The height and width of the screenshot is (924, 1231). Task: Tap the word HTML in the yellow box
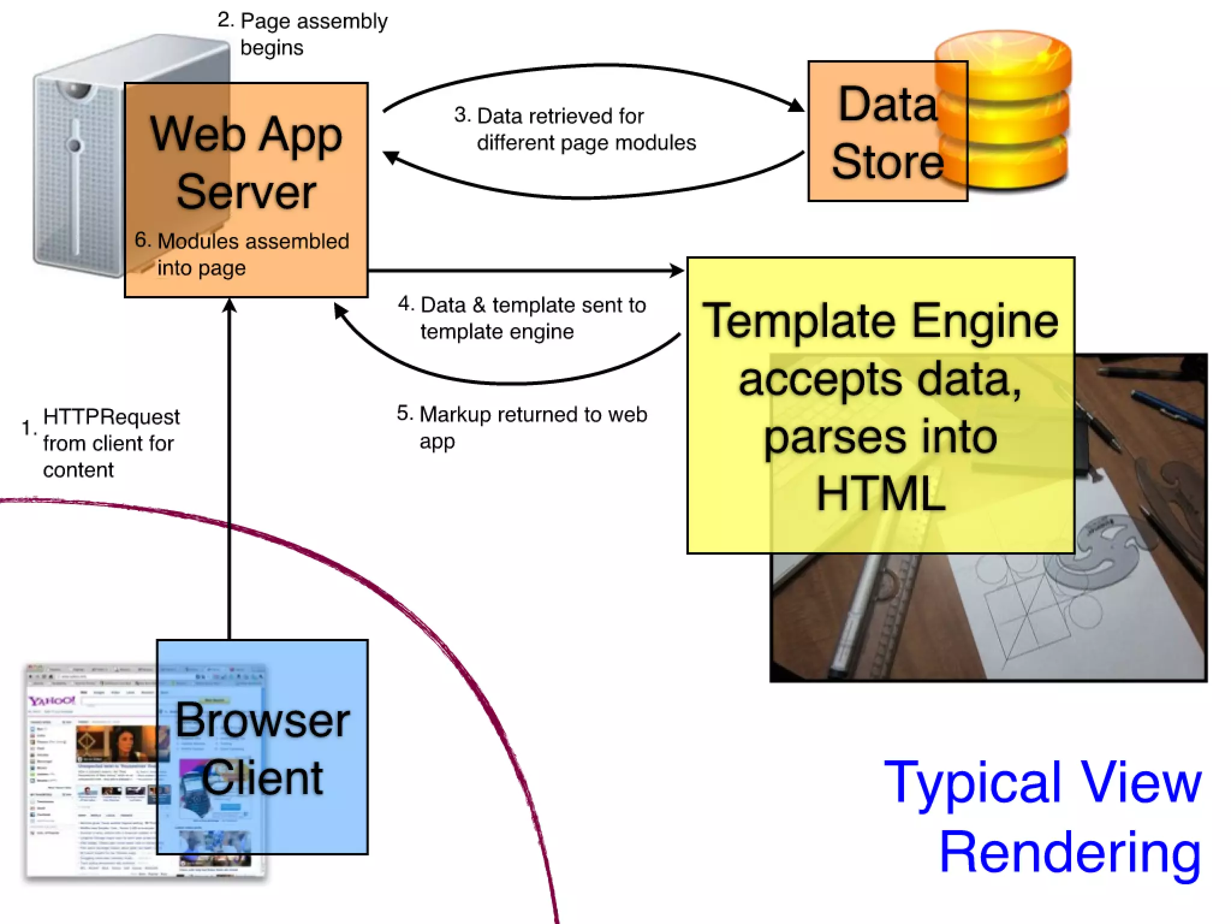(x=881, y=493)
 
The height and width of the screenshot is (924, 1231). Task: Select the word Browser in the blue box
(x=263, y=721)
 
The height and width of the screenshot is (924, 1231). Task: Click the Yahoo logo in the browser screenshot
(x=52, y=701)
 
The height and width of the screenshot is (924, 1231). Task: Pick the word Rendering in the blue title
(x=1070, y=853)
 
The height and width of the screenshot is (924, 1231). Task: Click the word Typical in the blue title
(x=974, y=782)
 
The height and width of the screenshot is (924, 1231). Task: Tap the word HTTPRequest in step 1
(x=111, y=416)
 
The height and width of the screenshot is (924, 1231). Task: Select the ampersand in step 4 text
(x=478, y=305)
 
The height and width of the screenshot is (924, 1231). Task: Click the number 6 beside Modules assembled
(x=141, y=239)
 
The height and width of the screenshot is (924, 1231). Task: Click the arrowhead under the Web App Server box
(x=229, y=306)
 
